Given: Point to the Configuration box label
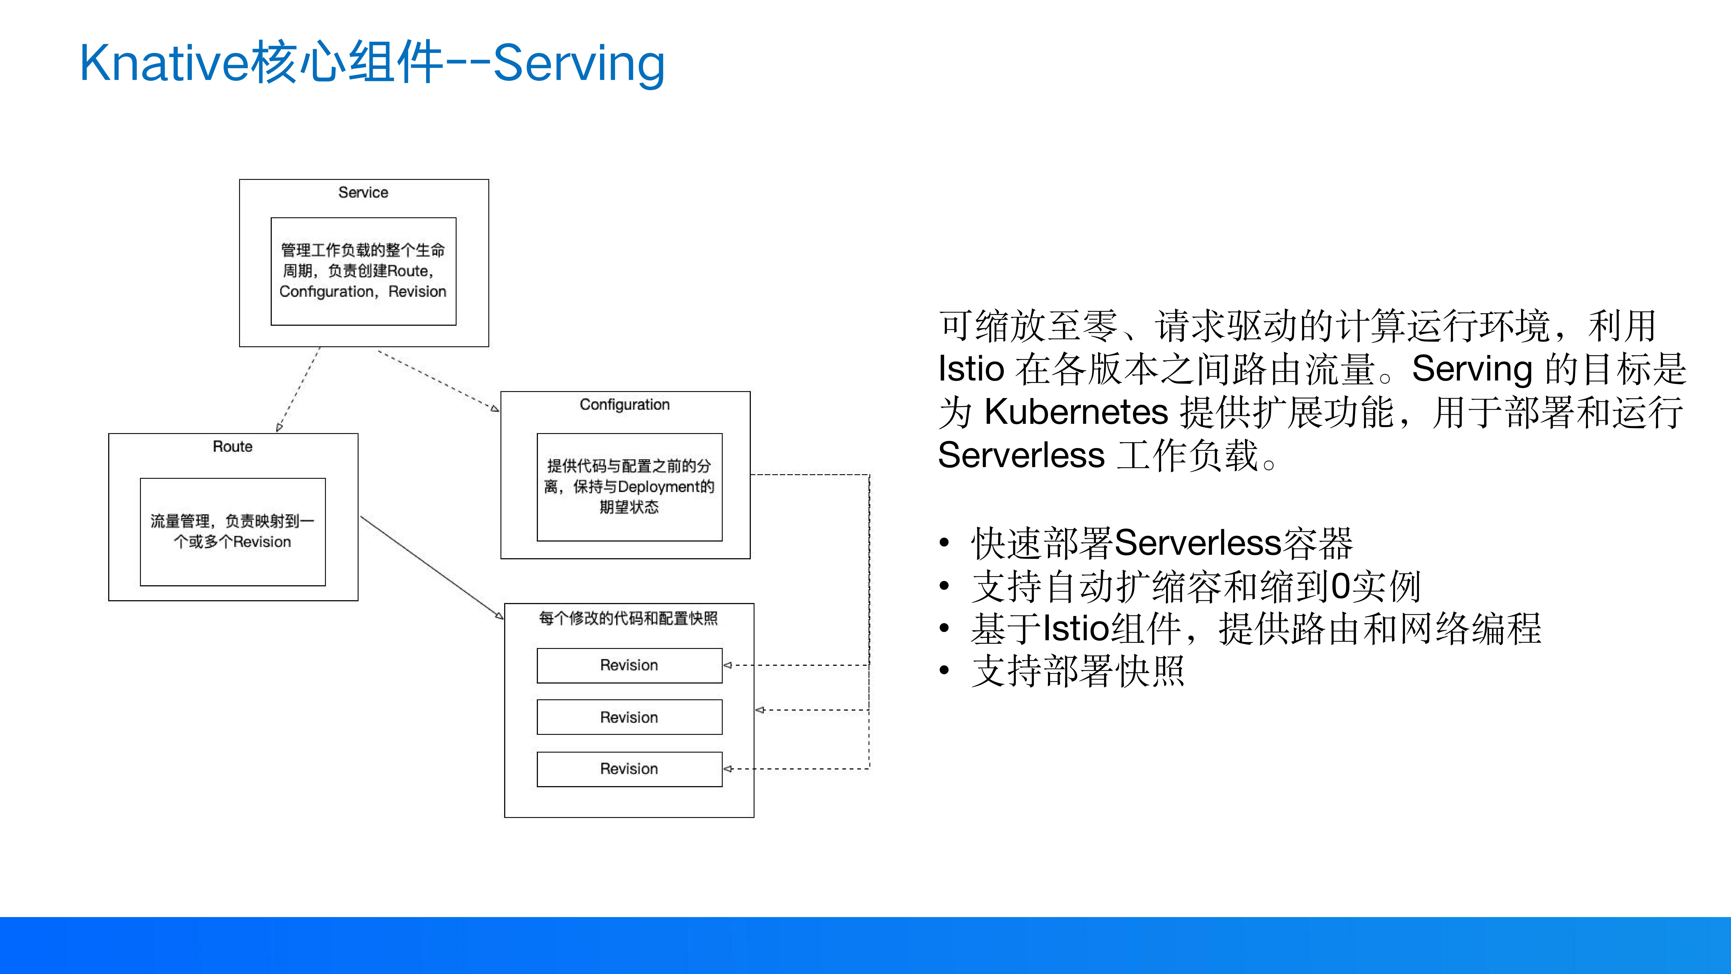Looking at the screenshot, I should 624,405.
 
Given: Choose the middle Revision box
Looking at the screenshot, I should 629,717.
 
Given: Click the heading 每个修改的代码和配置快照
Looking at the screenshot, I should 628,618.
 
